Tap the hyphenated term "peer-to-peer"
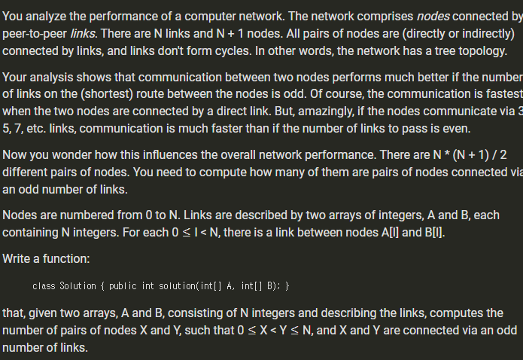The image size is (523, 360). pyautogui.click(x=35, y=34)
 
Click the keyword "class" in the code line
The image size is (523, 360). pyautogui.click(x=44, y=286)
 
